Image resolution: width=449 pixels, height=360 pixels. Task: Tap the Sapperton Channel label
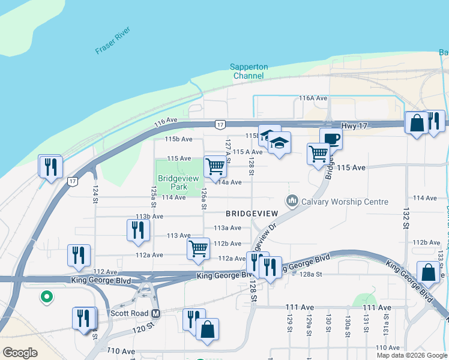[x=249, y=71]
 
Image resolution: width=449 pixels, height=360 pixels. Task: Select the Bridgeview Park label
[x=173, y=182]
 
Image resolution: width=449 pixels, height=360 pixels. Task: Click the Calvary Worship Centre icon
[x=292, y=201]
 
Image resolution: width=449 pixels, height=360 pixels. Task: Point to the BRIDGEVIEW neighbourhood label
[x=252, y=214]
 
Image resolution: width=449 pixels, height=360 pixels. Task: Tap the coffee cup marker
[x=331, y=140]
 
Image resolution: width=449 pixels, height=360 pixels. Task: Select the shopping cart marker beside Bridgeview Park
[x=215, y=167]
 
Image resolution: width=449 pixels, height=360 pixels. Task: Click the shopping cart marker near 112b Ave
[x=198, y=248]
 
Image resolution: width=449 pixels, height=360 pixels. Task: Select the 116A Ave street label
[x=313, y=98]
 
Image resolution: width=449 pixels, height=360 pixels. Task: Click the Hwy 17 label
[x=353, y=125]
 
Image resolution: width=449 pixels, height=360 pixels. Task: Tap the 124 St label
[x=95, y=196]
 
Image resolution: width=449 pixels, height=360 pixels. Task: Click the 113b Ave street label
[x=149, y=216]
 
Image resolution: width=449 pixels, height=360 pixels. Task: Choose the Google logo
[x=19, y=353]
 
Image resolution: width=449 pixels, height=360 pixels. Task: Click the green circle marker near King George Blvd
[x=45, y=296]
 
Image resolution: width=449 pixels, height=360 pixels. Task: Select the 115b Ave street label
[x=179, y=139]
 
